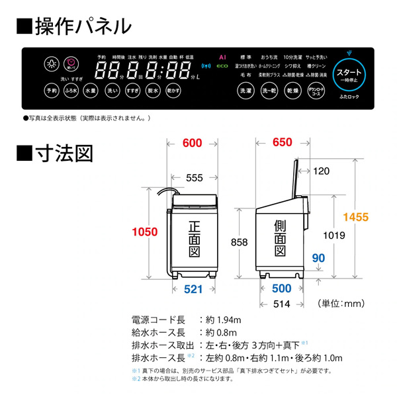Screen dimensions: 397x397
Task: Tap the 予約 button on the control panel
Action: point(51,91)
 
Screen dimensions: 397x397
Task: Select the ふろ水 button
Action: point(71,91)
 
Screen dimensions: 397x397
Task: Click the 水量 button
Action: point(91,91)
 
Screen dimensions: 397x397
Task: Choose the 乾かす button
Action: point(174,91)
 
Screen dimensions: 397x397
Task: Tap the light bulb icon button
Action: point(52,64)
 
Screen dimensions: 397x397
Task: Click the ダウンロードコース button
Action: point(316,91)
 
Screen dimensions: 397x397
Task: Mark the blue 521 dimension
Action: point(193,288)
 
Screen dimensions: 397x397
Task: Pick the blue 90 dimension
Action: point(319,257)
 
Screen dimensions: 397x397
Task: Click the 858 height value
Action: point(238,242)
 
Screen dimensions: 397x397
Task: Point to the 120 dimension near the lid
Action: point(321,171)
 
